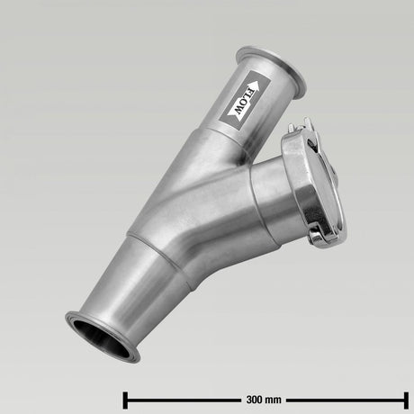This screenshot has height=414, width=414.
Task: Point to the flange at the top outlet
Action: coord(271,71)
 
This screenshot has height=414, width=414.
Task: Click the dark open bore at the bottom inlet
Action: coord(102,339)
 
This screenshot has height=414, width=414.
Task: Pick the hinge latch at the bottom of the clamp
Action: coord(321,236)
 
